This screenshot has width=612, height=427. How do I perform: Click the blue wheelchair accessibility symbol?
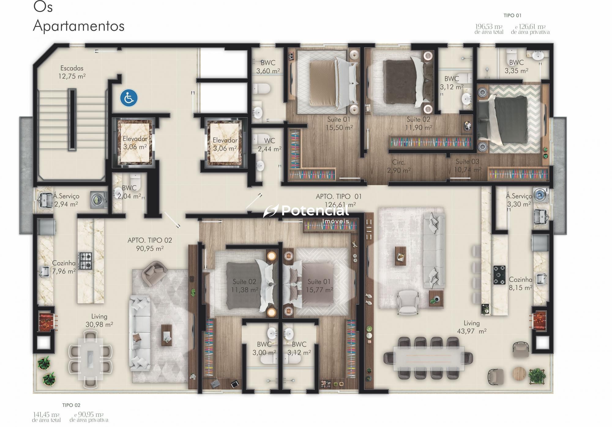129,98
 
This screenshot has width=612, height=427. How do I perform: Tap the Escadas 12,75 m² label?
72,72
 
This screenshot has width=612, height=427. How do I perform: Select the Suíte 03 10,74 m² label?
468,165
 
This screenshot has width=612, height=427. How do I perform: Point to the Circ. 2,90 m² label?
399,166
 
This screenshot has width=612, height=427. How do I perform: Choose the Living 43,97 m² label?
472,327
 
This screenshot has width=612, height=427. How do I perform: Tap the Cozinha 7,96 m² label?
64,267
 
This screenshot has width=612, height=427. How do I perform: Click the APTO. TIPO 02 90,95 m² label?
150,244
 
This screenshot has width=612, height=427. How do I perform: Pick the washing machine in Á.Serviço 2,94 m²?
98,200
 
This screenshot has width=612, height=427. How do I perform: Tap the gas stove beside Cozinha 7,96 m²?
85,261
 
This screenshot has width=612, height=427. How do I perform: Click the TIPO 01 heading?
513,15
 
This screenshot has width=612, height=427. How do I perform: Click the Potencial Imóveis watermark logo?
306,213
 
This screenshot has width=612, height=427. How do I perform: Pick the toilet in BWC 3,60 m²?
262,89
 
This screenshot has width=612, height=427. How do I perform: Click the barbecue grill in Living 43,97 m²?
539,321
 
